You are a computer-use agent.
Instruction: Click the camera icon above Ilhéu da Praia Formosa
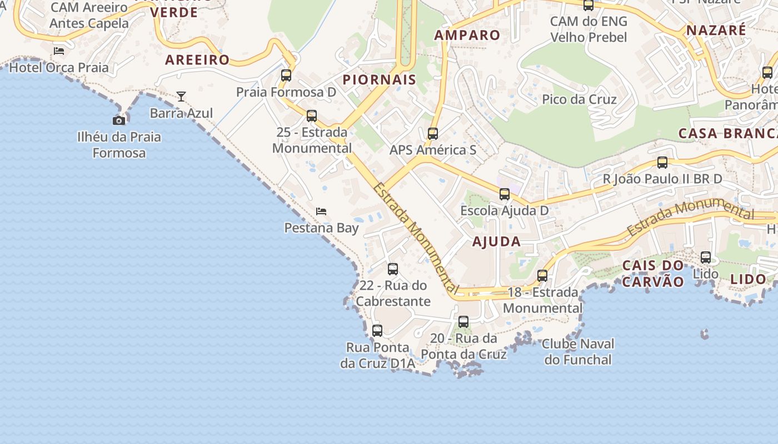[118, 120]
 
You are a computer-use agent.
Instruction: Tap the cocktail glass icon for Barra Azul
[181, 97]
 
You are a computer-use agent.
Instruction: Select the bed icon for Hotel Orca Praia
[59, 51]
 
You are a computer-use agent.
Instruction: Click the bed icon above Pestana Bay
[321, 211]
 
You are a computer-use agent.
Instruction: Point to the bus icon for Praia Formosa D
[286, 75]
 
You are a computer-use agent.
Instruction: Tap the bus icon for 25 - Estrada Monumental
[312, 115]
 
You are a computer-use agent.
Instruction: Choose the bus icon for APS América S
[433, 133]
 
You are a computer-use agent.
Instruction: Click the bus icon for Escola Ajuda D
[505, 194]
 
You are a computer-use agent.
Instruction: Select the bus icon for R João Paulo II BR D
[662, 163]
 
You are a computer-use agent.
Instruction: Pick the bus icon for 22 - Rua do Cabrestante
[393, 269]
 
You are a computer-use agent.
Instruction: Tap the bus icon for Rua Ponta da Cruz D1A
[377, 331]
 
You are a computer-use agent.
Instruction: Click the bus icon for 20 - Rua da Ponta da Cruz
[463, 321]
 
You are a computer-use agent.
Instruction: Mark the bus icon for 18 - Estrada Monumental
[542, 275]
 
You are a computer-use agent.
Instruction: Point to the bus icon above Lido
[706, 257]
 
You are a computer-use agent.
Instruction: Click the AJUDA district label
[496, 241]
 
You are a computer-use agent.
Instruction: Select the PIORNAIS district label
[379, 79]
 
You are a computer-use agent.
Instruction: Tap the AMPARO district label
[467, 35]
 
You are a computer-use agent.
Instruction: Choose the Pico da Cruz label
[579, 99]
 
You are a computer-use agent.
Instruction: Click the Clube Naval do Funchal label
[578, 351]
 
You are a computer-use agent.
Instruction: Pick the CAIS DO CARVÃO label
[653, 273]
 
